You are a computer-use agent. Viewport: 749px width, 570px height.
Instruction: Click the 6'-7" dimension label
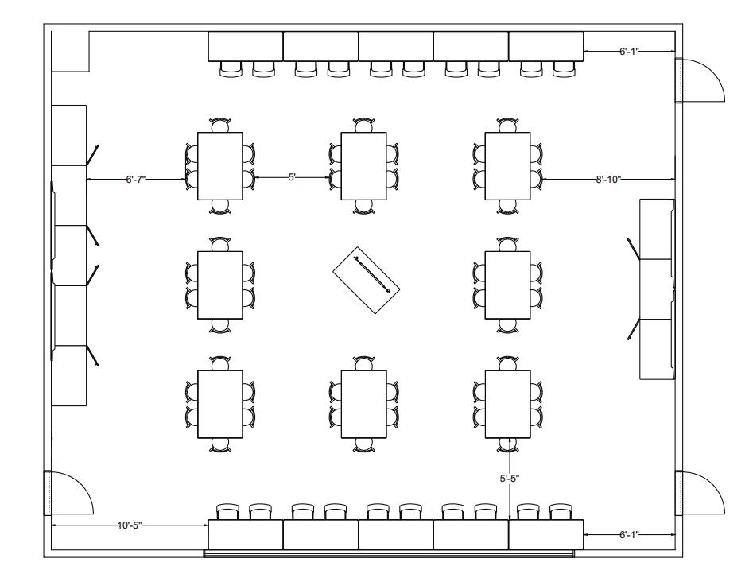135,180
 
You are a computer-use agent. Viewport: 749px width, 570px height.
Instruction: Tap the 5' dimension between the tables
291,177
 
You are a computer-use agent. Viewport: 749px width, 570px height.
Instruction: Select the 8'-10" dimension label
608,180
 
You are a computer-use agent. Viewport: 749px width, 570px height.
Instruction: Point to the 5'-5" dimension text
509,479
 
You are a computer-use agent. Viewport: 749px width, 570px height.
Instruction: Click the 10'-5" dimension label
130,525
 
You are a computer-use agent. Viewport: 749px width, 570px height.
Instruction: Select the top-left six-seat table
220,166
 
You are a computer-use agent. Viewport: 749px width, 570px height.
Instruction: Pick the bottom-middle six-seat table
363,403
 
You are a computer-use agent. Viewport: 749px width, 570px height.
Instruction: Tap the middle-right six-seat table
507,284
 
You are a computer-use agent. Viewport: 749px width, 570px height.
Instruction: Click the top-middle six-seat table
363,166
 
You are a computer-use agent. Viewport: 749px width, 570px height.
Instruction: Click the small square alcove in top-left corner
69,50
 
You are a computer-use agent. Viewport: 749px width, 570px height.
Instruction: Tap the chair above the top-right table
507,125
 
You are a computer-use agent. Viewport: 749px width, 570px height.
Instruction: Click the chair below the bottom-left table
220,445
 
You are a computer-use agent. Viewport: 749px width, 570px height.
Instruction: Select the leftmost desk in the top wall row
246,46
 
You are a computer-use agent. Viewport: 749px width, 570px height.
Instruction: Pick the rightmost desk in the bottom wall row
546,534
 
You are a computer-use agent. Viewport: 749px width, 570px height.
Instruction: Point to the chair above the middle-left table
220,243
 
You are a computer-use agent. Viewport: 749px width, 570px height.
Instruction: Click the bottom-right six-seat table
507,403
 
